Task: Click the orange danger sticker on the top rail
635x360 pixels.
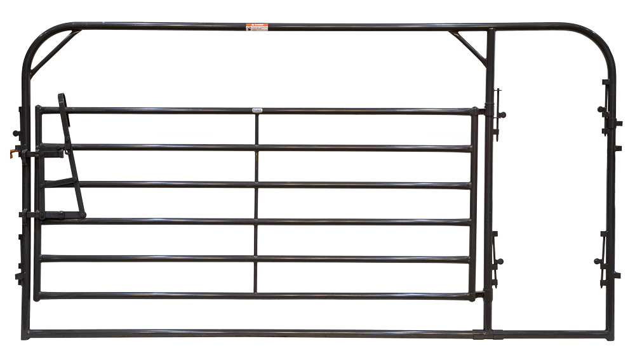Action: pos(257,28)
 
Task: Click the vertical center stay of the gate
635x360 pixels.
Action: pos(257,203)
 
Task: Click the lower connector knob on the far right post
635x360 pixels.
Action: pos(598,261)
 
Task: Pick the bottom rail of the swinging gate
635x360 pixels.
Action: pos(254,296)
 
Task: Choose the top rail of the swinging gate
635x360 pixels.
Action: pos(254,111)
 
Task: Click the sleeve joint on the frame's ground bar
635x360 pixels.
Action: pos(481,333)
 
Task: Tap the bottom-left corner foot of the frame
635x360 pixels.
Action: pos(25,334)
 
